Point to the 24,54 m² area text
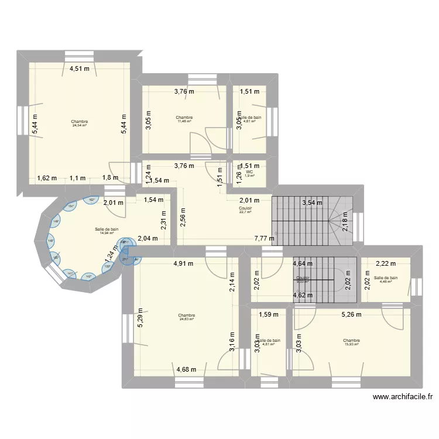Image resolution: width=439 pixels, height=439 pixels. click(x=79, y=124)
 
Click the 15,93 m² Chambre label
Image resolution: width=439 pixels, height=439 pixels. click(x=351, y=342)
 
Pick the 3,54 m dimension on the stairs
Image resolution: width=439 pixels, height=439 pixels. click(x=312, y=204)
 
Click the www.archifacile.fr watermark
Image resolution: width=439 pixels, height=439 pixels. click(x=403, y=397)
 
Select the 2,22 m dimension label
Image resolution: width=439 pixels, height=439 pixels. click(x=386, y=263)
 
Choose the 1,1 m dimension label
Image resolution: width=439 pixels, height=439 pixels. click(x=77, y=179)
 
